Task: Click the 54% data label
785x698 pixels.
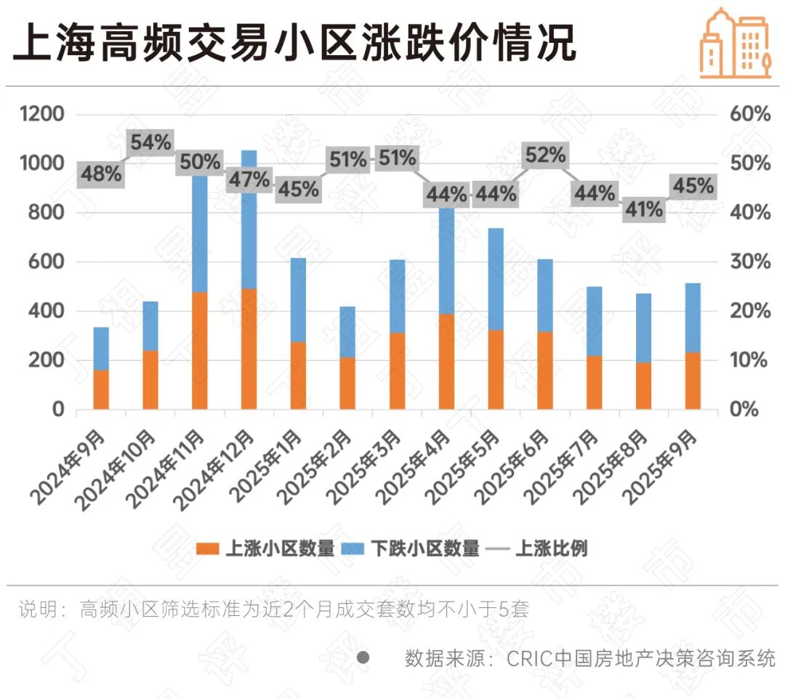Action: (150, 143)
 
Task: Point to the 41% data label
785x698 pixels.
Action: (643, 210)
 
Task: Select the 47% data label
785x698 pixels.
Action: (249, 179)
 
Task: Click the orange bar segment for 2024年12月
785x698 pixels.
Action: (249, 349)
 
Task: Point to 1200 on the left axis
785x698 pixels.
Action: (42, 114)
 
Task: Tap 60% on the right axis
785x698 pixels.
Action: (749, 114)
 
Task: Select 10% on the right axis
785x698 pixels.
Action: (749, 360)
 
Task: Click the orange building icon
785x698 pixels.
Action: (734, 42)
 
